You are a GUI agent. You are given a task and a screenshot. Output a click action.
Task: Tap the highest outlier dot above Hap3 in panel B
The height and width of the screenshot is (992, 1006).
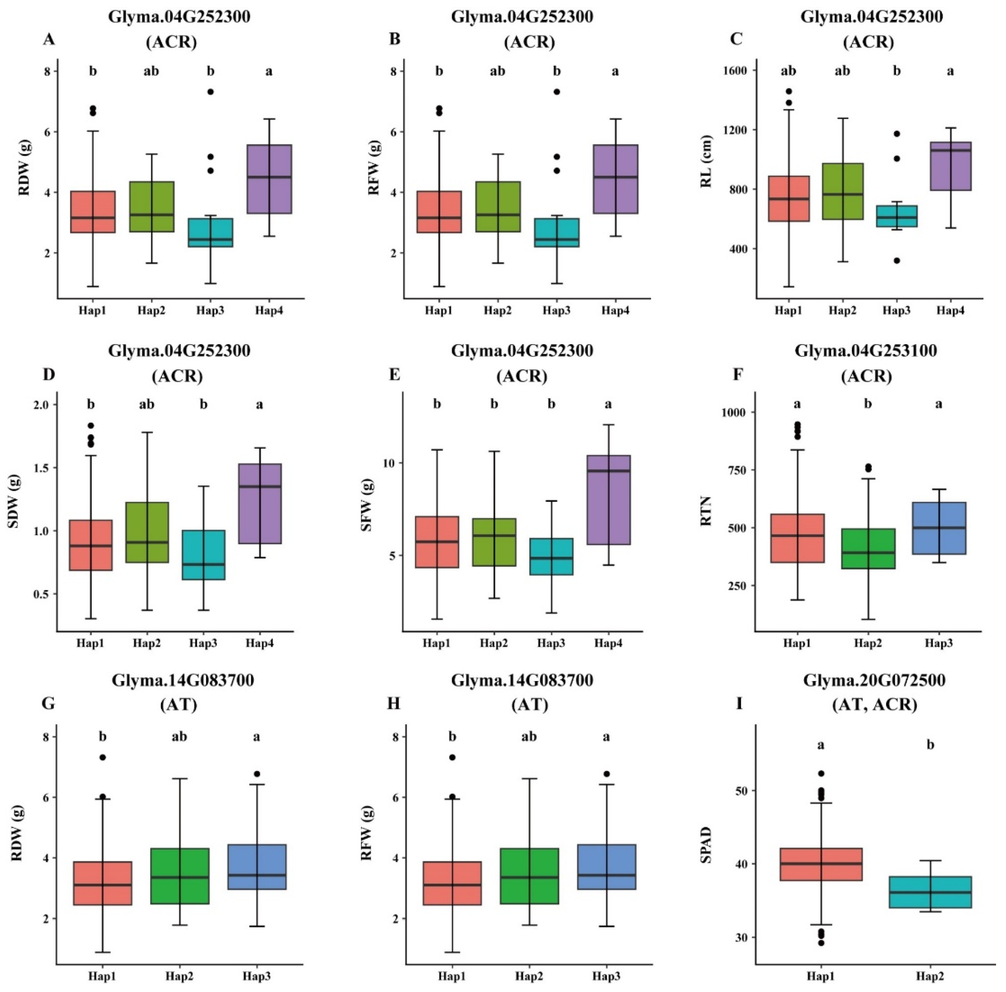(x=557, y=92)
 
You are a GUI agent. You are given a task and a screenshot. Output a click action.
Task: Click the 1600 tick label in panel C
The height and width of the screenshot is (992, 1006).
(x=735, y=70)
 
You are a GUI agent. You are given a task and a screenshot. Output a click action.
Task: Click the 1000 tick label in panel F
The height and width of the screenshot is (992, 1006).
(x=733, y=412)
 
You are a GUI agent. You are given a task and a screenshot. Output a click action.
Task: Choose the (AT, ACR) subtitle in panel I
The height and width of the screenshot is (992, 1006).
(x=874, y=705)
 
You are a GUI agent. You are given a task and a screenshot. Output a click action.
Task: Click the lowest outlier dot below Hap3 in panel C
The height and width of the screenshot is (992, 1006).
(x=897, y=260)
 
